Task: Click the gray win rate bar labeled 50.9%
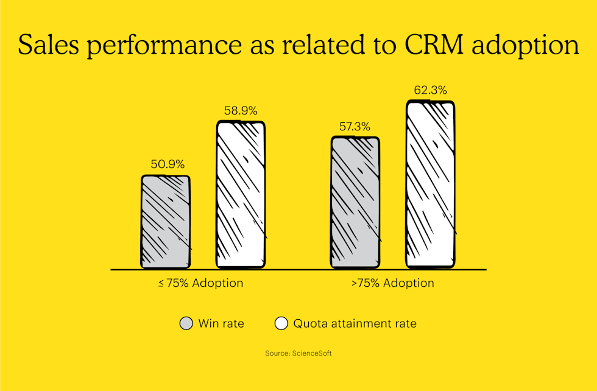click(166, 222)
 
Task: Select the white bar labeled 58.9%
click(241, 195)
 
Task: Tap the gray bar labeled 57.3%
click(355, 202)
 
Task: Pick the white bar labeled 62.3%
click(430, 184)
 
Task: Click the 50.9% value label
click(168, 164)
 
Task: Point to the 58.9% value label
click(241, 111)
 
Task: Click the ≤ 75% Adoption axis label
click(200, 283)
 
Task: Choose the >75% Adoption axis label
click(393, 283)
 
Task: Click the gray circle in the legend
click(186, 323)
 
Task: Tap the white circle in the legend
click(281, 323)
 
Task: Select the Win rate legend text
click(221, 323)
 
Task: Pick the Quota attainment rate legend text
click(355, 323)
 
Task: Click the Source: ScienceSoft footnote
click(298, 353)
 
